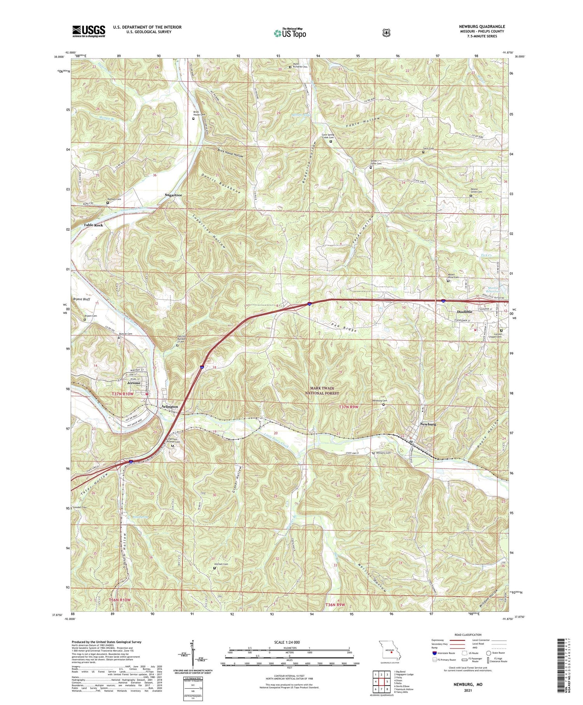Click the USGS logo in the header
(x=89, y=31)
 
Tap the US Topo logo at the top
(x=290, y=33)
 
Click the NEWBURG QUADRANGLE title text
(x=482, y=26)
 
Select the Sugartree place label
(x=173, y=194)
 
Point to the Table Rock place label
(x=93, y=225)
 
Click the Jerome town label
(x=134, y=383)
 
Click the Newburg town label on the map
(x=428, y=424)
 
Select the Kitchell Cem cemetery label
(x=220, y=564)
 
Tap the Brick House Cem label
(x=199, y=114)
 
